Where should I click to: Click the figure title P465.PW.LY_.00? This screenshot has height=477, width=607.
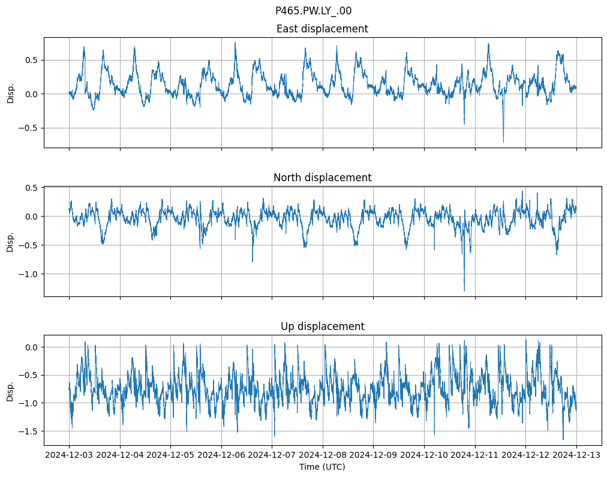click(313, 11)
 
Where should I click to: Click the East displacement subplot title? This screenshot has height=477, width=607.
click(322, 29)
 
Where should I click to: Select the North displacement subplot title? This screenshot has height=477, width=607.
click(322, 178)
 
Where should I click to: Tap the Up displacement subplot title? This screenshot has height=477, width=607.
click(322, 326)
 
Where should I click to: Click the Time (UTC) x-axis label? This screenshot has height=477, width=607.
click(322, 467)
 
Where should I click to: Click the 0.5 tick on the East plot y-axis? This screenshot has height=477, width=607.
click(31, 60)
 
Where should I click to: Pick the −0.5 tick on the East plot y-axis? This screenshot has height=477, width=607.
click(28, 128)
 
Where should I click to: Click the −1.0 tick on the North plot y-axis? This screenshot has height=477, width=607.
click(28, 274)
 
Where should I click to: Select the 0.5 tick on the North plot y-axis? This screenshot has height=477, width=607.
click(31, 188)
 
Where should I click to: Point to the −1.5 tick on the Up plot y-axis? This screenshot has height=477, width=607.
click(28, 431)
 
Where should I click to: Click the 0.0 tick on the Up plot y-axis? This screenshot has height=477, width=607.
click(31, 347)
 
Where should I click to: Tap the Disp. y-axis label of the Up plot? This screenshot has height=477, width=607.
click(10, 391)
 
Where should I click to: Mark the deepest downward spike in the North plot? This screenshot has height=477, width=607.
click(464, 290)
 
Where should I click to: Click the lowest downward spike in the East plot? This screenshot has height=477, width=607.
click(503, 141)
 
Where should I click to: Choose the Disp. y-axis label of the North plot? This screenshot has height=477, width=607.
click(10, 241)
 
